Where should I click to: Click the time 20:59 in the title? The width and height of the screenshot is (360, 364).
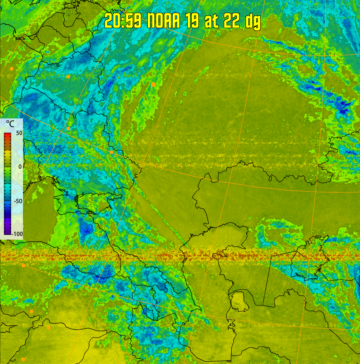(x=123, y=21)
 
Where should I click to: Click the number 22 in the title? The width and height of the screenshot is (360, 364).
(x=232, y=21)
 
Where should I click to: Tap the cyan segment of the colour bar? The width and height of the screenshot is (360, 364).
(x=8, y=186)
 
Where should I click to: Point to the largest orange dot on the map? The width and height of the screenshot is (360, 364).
(x=153, y=84)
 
